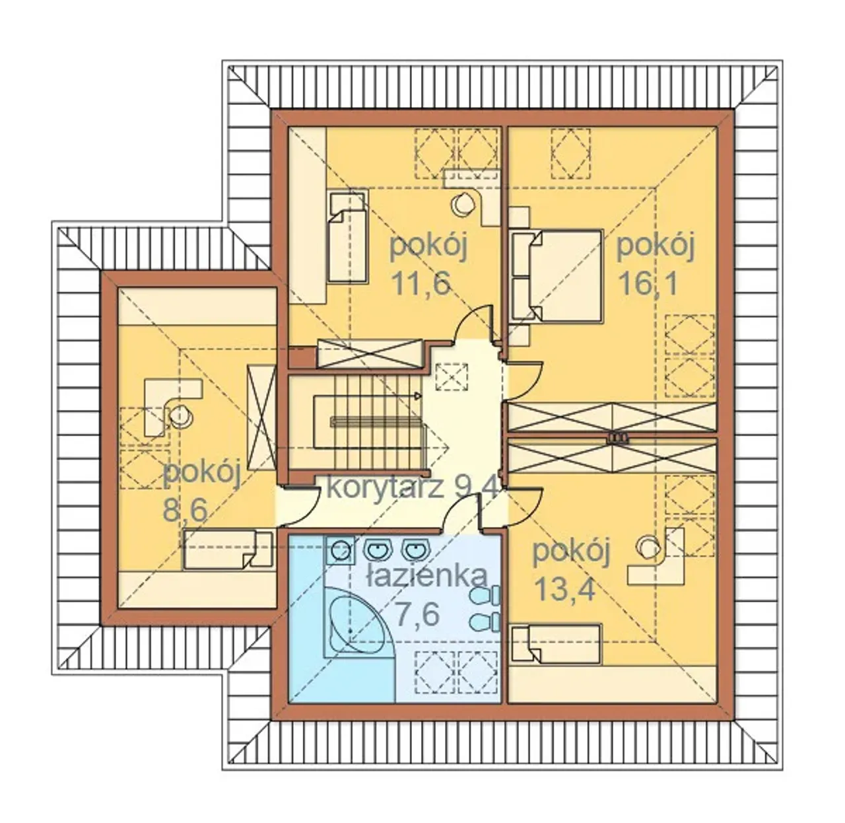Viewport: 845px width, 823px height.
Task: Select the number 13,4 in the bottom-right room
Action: point(564,589)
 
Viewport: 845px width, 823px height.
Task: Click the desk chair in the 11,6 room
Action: point(462,203)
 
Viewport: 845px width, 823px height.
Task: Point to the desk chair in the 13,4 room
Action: point(647,548)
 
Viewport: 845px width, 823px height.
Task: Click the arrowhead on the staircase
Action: point(418,396)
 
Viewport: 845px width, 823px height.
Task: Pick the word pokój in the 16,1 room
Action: point(656,246)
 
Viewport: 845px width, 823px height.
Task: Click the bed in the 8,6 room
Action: point(228,550)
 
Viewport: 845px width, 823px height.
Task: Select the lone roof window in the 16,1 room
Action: point(570,153)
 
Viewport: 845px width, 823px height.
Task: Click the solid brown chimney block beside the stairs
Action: point(302,357)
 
